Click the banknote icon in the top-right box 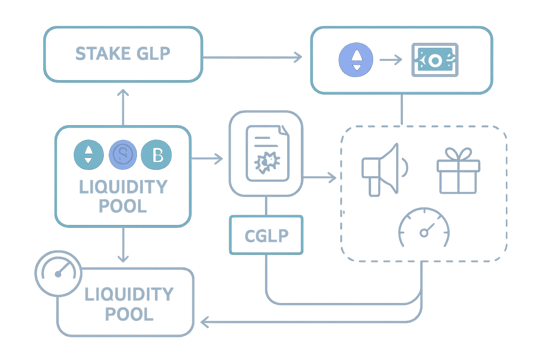(x=435, y=60)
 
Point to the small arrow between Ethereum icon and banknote (x=391, y=60)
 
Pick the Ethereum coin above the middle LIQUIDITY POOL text (x=89, y=155)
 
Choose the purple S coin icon (x=122, y=155)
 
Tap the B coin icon (x=156, y=155)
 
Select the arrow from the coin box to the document (x=207, y=159)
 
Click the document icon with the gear (x=266, y=154)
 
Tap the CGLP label (x=266, y=235)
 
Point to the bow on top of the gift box (x=458, y=154)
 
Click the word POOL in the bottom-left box (x=129, y=314)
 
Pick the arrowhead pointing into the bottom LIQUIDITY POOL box (x=205, y=321)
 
